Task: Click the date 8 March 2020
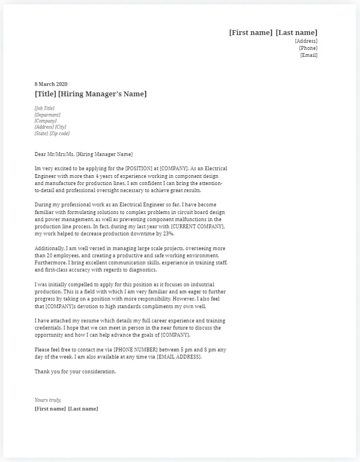[51, 84]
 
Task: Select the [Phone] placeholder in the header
[308, 48]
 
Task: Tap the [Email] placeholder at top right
[309, 55]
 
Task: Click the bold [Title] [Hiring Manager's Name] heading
[90, 94]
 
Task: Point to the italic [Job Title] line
[44, 108]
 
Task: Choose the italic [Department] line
[48, 115]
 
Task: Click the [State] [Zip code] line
[52, 134]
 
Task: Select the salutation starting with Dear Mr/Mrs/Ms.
[83, 155]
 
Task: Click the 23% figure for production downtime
[167, 234]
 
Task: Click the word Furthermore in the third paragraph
[51, 263]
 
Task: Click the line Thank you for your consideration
[76, 372]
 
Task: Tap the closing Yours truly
[48, 400]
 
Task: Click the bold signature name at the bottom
[66, 409]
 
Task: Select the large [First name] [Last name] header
[273, 33]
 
